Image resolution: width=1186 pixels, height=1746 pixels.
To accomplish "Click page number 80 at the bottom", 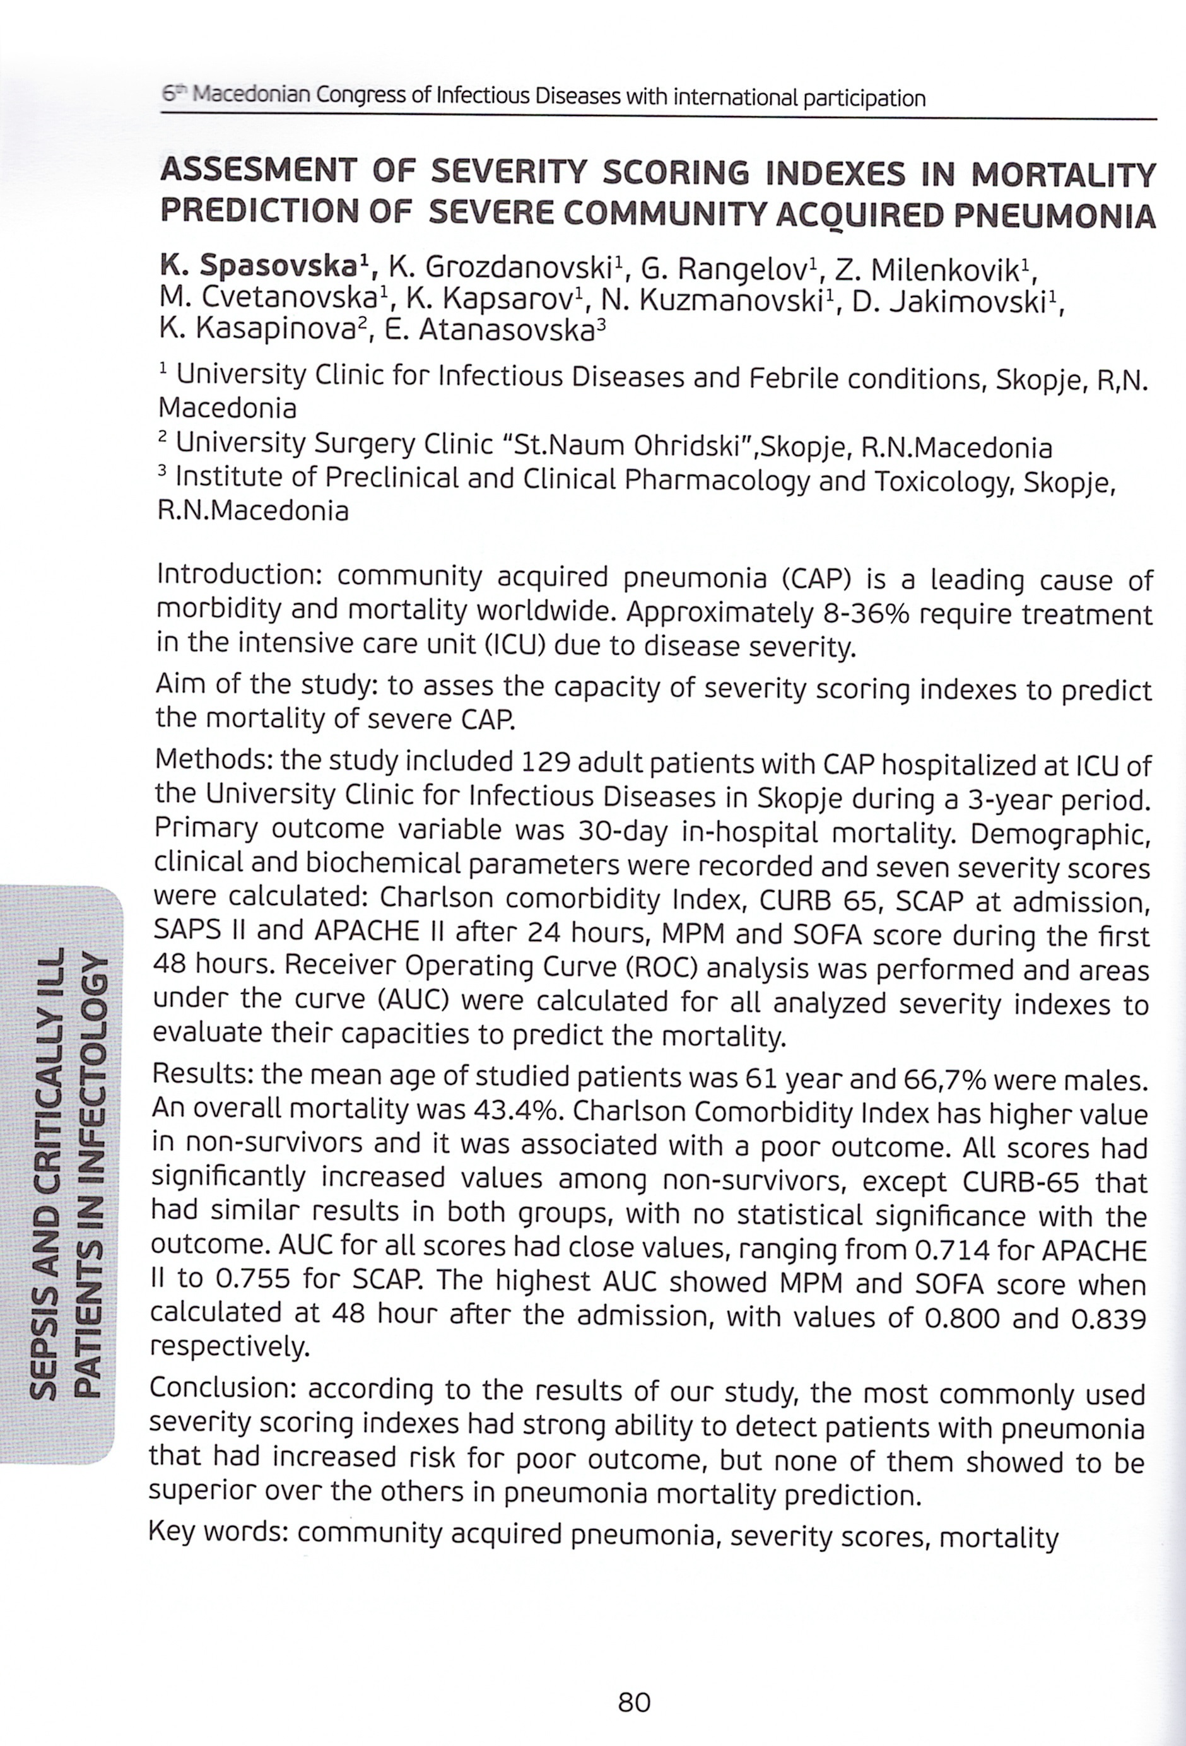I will tap(633, 1702).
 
